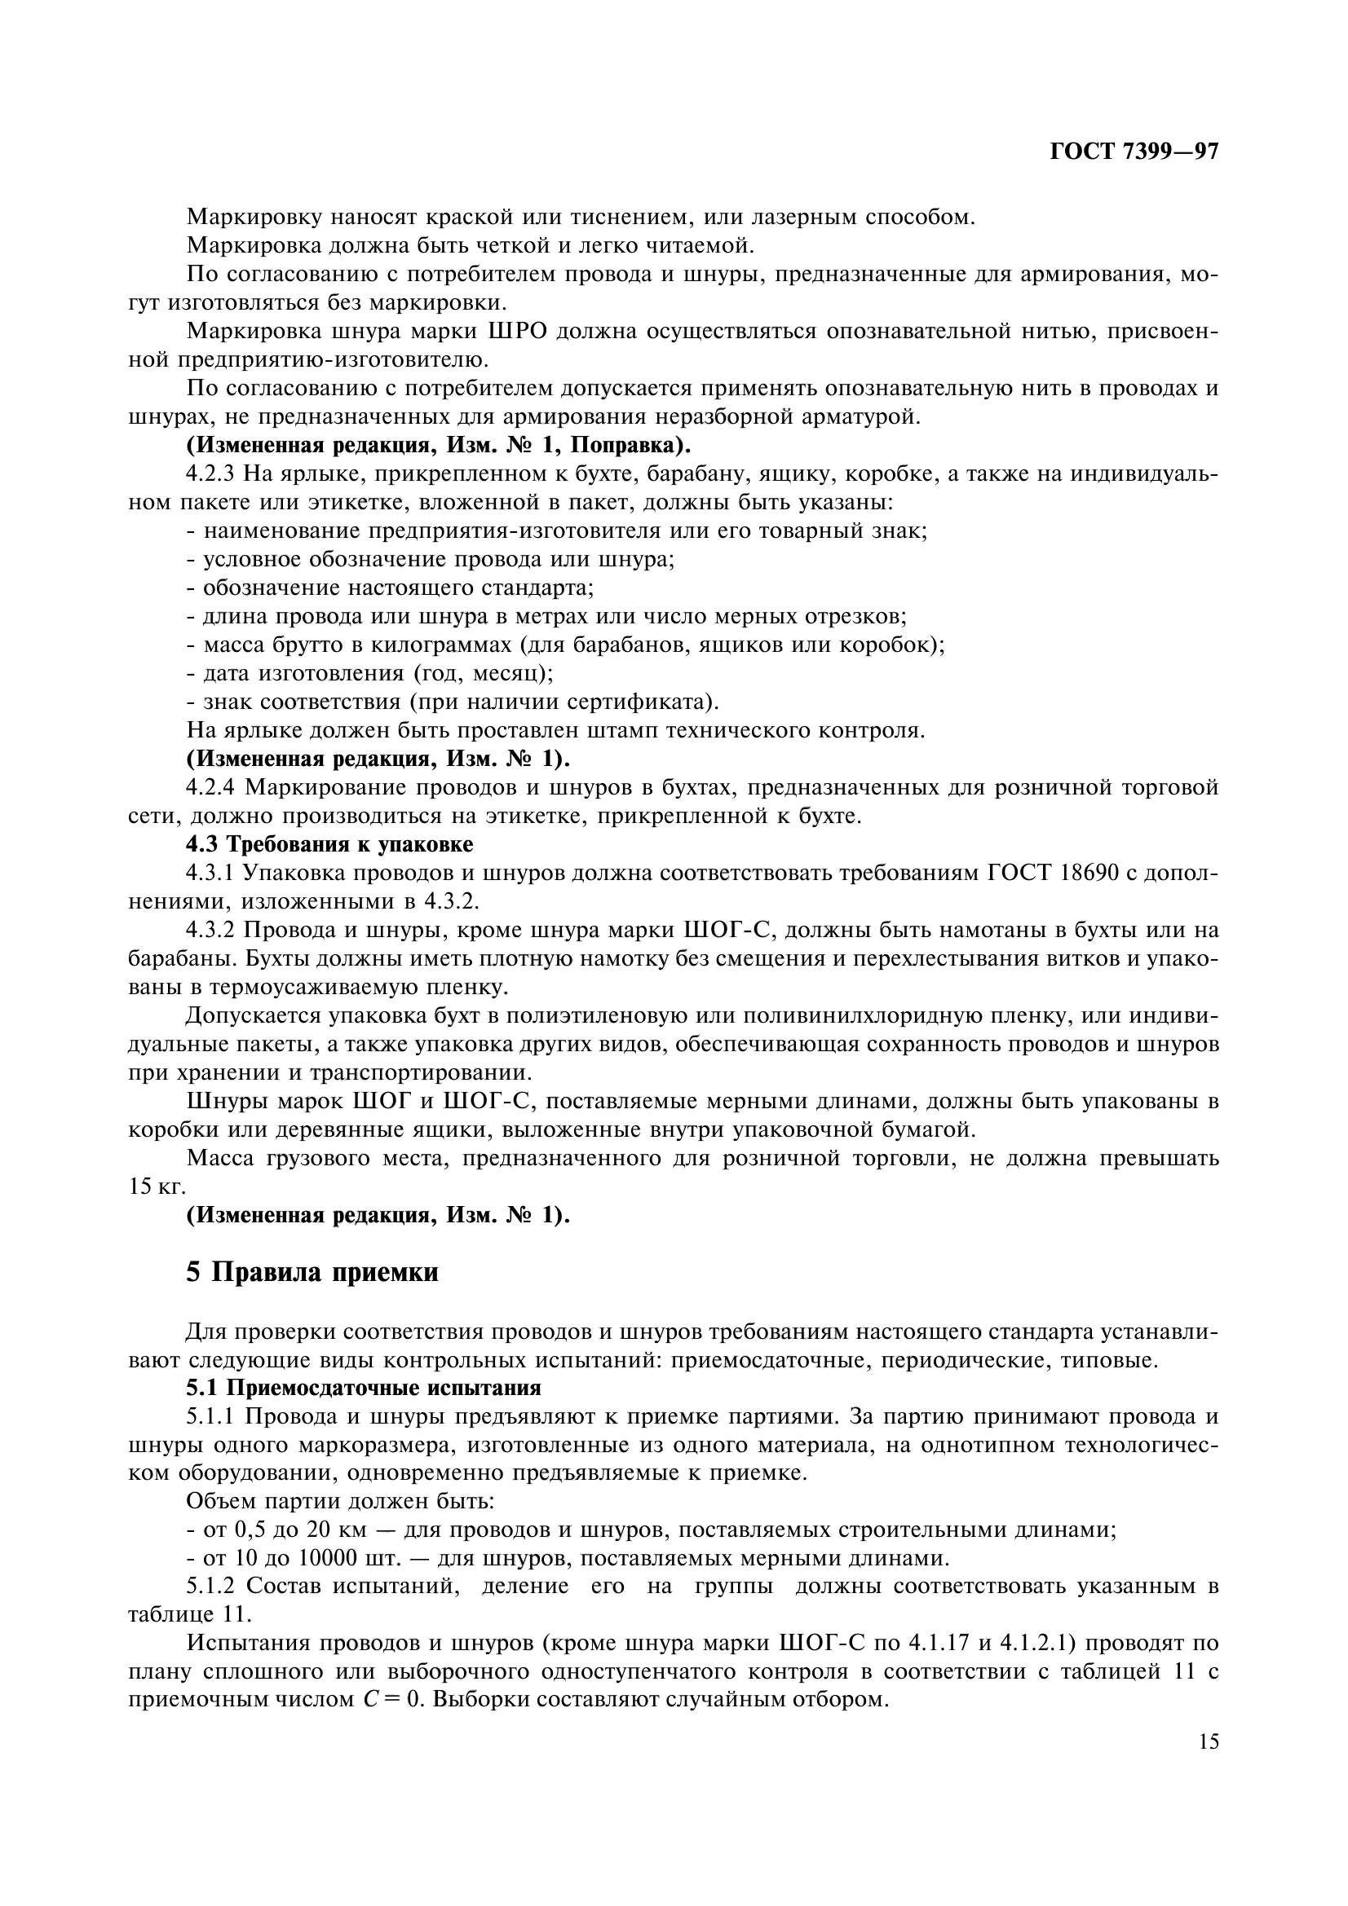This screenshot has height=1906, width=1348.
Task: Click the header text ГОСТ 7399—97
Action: point(1133,151)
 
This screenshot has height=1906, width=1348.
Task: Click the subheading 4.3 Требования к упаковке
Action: point(329,844)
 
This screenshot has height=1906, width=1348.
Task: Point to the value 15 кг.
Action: point(154,1186)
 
